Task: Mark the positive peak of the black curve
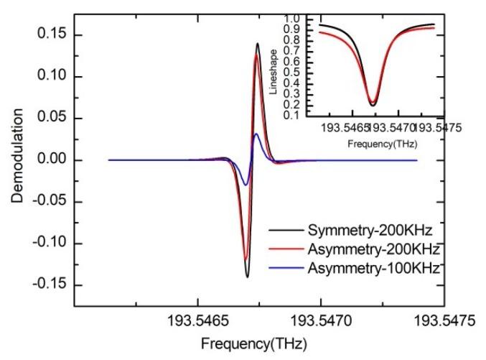click(257, 43)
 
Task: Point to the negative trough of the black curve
click(247, 277)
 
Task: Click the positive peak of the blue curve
click(256, 134)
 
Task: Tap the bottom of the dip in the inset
click(373, 105)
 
